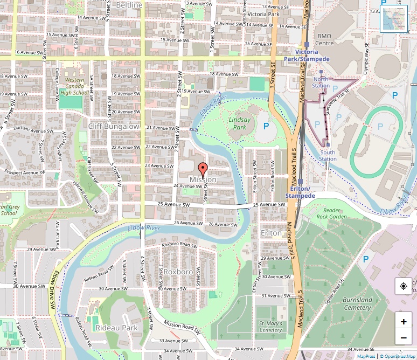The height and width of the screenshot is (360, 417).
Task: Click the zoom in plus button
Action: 403,322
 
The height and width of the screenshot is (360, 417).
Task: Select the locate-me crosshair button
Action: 403,286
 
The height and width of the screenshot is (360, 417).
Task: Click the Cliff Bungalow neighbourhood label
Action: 114,126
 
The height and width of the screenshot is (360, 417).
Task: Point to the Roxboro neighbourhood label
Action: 178,272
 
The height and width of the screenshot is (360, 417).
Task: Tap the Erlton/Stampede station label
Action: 300,192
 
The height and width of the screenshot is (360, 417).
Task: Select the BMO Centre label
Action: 324,39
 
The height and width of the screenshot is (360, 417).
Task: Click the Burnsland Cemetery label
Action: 357,303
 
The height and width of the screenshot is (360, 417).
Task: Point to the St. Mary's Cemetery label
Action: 270,326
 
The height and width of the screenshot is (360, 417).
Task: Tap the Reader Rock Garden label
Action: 331,213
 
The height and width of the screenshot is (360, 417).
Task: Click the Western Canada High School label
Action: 74,86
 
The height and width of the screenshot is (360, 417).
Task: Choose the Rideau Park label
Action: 116,328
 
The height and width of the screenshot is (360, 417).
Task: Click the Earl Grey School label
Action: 9,210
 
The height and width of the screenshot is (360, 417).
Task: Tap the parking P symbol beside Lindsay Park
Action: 266,126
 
